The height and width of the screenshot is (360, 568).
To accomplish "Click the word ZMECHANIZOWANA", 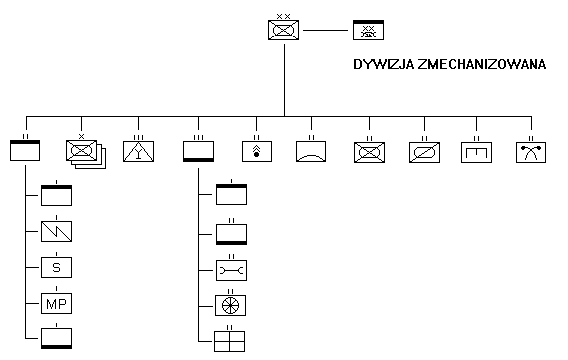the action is coord(482,64).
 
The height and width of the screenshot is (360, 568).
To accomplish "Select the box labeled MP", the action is coord(56,303).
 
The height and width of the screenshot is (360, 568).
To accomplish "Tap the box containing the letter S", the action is coord(56,267).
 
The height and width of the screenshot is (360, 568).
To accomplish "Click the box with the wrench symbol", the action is coord(231,270).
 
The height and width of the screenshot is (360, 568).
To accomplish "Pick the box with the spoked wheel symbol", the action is coord(230,305).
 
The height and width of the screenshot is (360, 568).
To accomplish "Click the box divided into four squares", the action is coord(230,341).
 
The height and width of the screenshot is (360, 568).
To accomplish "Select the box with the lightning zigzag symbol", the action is coord(56,231).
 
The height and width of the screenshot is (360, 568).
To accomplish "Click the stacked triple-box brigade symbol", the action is coord(86,154).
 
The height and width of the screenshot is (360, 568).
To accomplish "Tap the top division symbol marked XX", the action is coord(284,30).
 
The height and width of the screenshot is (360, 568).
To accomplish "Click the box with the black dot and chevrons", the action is coord(256,151).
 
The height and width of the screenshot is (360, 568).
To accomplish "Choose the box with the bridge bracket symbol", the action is coord(476,152).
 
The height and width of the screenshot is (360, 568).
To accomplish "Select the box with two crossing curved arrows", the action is coord(532,152).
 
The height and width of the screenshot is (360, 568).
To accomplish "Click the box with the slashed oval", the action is coord(425,152).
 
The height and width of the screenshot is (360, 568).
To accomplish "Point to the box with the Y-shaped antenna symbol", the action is coord(138,151).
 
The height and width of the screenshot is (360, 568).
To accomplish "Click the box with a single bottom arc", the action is coord(312,151).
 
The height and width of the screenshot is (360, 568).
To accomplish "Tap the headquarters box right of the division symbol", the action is coord(369,30).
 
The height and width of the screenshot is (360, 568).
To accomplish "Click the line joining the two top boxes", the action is coord(325,30).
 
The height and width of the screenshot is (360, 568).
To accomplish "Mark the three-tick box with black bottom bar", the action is coord(198,151).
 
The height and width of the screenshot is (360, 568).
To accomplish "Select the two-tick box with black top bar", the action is coord(25,150).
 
